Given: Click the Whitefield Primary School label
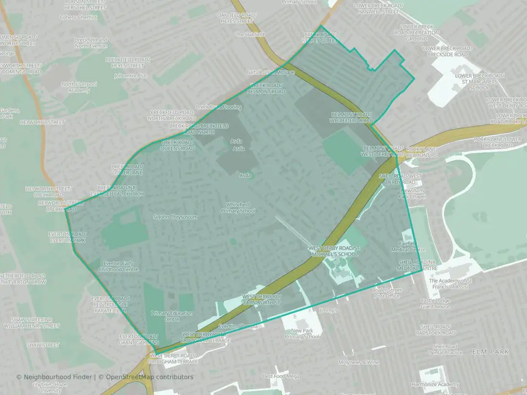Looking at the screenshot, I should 238,207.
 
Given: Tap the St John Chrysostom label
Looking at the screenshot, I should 175,217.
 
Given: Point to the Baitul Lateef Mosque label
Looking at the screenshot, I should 270,72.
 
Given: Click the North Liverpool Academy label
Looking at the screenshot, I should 75,87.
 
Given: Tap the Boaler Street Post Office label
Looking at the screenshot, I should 387,293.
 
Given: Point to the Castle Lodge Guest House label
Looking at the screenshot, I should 435,303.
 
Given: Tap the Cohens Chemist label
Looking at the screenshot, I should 79,18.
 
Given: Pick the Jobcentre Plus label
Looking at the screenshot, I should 131,76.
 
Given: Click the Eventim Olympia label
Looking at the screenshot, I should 238,326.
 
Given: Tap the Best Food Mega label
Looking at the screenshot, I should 281,376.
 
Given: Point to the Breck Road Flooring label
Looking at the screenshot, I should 218,107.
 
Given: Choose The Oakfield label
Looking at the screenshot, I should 250,34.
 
